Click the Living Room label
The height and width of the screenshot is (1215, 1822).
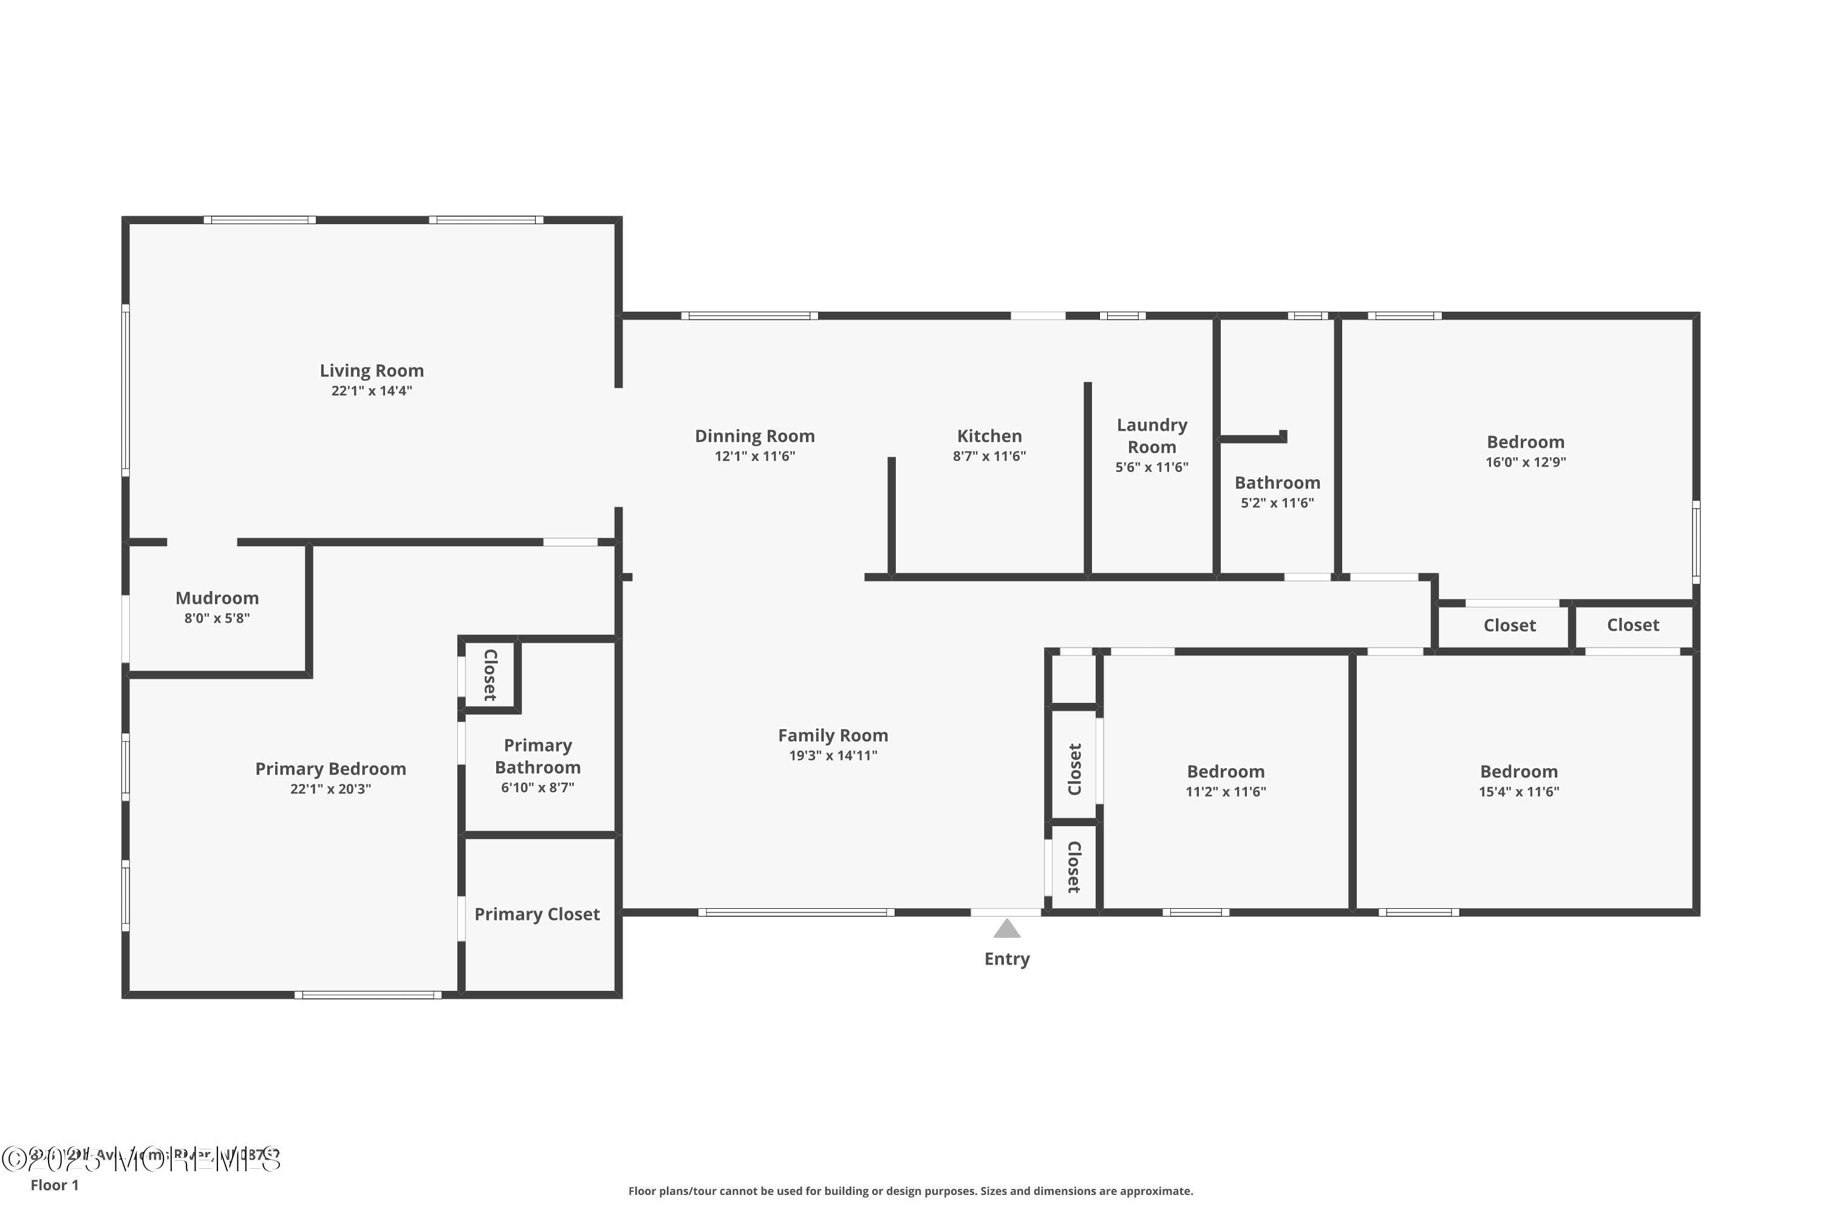click(371, 371)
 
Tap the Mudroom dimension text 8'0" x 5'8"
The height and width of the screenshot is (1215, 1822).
click(217, 618)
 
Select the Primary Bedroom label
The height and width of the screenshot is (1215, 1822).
click(331, 768)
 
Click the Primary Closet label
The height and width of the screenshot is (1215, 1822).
click(537, 914)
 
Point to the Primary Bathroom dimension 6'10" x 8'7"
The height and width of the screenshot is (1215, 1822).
click(537, 788)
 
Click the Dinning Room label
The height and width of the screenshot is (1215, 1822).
click(754, 436)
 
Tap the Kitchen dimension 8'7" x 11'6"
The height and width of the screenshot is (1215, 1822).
click(989, 456)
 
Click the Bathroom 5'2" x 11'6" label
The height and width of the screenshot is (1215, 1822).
click(1277, 483)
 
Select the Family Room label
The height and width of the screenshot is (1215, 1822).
click(833, 735)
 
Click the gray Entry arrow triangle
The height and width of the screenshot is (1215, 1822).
click(1006, 929)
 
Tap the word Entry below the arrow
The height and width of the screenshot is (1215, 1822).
click(1006, 959)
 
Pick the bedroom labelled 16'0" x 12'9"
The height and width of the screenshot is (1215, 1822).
click(1525, 442)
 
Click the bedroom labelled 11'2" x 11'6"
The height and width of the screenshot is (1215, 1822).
click(1226, 772)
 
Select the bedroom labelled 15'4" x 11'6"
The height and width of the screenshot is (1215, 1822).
click(1518, 772)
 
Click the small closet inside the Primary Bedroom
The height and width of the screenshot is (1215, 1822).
click(490, 675)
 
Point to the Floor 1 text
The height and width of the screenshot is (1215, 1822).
click(54, 1185)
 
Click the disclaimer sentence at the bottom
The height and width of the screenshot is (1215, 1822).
click(910, 1191)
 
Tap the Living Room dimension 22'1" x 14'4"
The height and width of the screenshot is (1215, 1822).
click(371, 391)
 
